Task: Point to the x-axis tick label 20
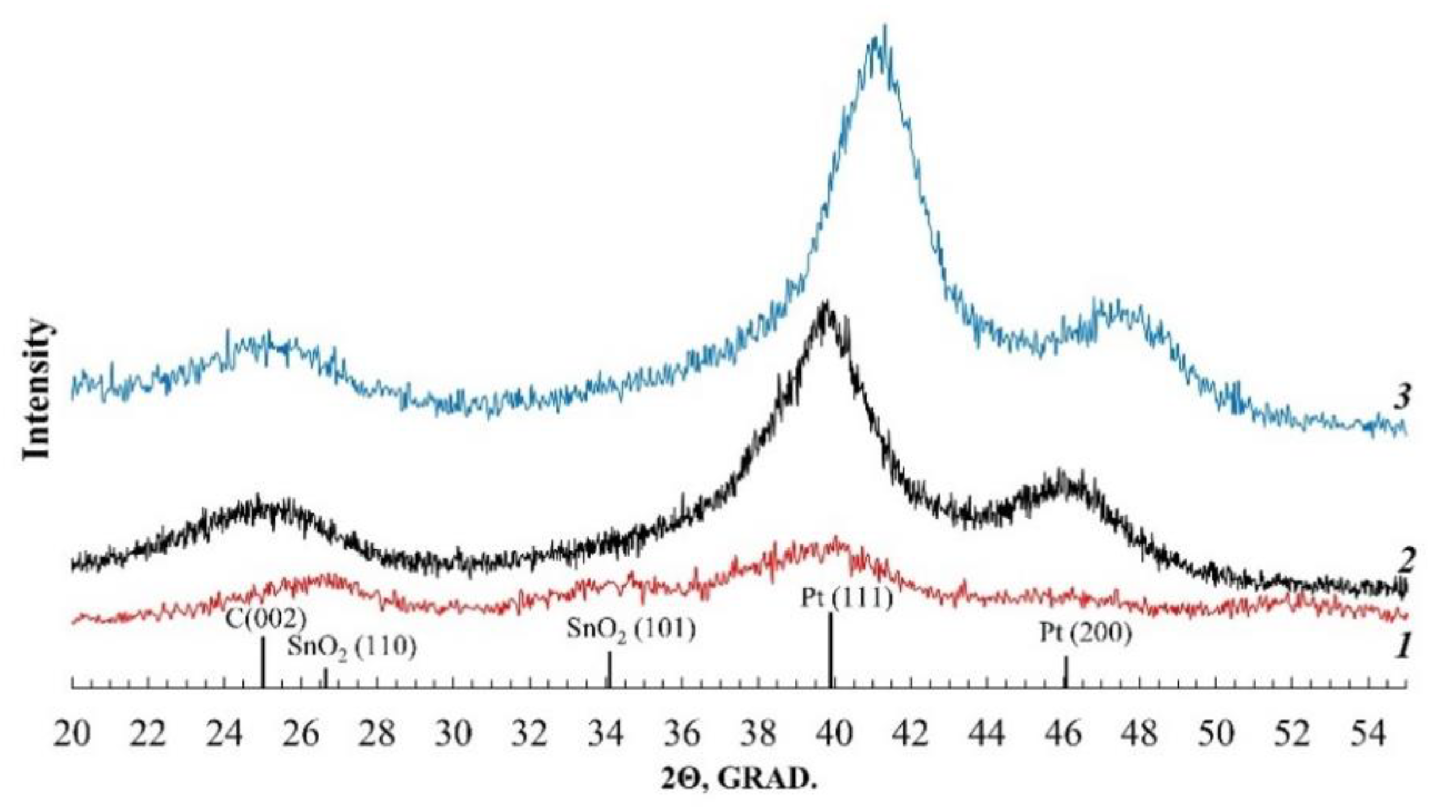72,733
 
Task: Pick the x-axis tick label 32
529,733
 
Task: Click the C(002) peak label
265,619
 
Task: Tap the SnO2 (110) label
352,647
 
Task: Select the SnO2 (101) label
631,629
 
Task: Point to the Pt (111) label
847,598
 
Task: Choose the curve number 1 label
1402,647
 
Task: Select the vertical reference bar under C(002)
263,662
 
